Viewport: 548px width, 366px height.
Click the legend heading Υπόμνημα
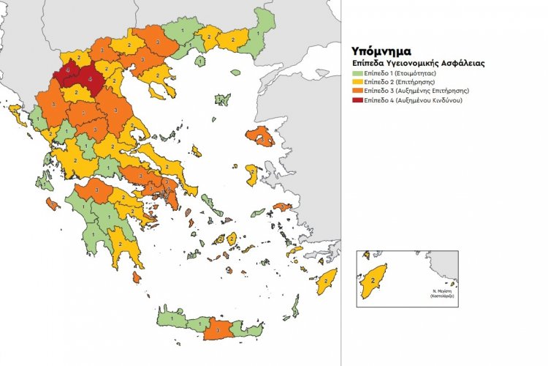coord(381,53)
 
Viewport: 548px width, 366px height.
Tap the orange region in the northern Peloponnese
coord(99,190)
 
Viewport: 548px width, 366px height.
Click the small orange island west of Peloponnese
coord(52,204)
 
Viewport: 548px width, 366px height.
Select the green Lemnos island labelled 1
coord(201,63)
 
